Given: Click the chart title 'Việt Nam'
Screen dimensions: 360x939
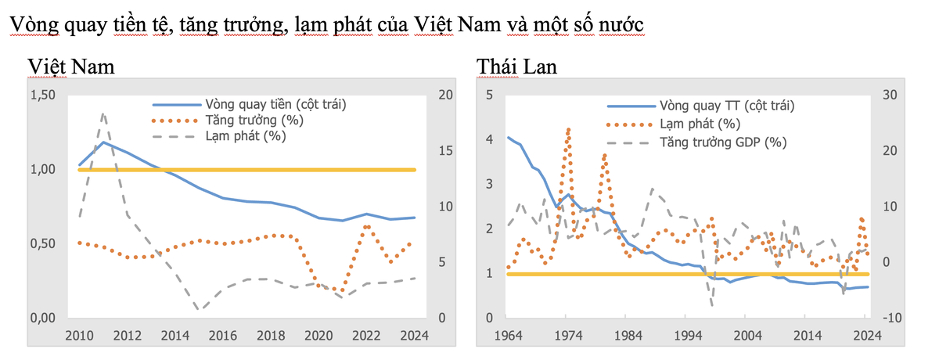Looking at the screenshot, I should click(x=71, y=67).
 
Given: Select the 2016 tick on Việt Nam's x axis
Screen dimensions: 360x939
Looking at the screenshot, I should click(x=223, y=337).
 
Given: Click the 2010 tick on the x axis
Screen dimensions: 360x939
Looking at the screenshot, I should click(x=78, y=337).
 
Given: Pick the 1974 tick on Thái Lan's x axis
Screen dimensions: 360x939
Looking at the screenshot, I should click(x=567, y=337).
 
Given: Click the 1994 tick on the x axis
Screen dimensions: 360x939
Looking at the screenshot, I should click(x=688, y=337).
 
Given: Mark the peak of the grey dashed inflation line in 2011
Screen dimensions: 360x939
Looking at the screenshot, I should click(x=103, y=114).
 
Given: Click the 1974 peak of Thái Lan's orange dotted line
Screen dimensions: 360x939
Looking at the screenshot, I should click(x=568, y=129).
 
